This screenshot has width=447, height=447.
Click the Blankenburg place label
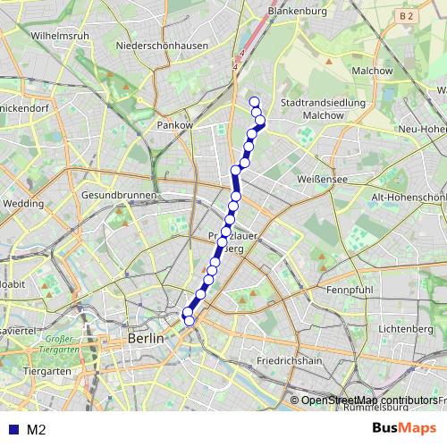pos(298,12)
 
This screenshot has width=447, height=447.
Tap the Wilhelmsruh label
pos(59,36)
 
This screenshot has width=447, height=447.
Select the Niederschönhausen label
pos(162,46)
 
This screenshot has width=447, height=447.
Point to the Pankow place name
pos(175,126)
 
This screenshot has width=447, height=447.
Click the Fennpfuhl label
pos(350,291)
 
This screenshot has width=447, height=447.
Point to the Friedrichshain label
pos(289,361)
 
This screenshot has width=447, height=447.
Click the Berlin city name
pos(147,339)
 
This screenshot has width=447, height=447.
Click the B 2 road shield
pos(408,16)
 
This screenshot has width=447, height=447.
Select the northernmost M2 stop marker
pos(254,101)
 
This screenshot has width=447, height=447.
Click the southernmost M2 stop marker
pos(189,320)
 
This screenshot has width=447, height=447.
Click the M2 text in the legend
pos(37,429)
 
